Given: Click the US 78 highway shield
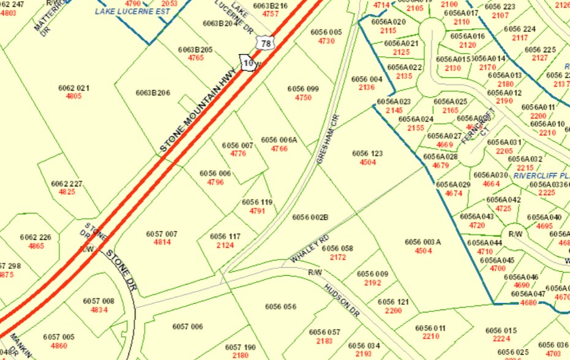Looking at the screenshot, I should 265,43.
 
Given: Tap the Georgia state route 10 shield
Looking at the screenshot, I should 248,63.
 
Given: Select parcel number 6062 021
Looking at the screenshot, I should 74,88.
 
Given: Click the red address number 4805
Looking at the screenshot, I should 73,96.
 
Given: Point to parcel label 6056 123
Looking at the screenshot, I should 367,154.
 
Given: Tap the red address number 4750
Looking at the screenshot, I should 303,97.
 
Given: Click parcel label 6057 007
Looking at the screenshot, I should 162,234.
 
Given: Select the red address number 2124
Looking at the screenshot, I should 225,245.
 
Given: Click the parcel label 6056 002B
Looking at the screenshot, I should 310,217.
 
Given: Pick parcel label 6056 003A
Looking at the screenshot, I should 423,242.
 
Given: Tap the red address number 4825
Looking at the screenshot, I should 67,192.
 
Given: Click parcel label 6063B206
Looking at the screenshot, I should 152,93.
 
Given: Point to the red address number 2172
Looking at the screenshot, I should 338,257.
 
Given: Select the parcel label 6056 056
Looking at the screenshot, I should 280,307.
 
